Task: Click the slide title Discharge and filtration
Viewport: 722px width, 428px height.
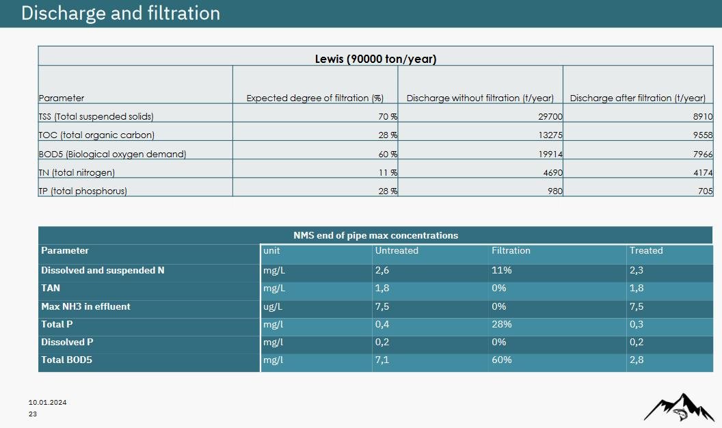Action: pyautogui.click(x=120, y=14)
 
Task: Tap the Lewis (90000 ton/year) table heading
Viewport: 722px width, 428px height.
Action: pyautogui.click(x=375, y=59)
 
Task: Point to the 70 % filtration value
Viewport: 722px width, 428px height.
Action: pyautogui.click(x=388, y=117)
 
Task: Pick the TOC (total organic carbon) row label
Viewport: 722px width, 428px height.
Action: pyautogui.click(x=96, y=135)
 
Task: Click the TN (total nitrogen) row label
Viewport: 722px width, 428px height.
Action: pyautogui.click(x=77, y=173)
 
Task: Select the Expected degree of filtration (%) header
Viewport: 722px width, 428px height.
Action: pyautogui.click(x=315, y=98)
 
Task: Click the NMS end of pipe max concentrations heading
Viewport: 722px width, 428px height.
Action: pyautogui.click(x=375, y=235)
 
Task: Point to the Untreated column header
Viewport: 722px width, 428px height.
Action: pyautogui.click(x=397, y=251)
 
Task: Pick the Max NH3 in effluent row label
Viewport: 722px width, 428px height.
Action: pyautogui.click(x=85, y=307)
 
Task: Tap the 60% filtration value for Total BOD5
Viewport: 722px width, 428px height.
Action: pyautogui.click(x=502, y=360)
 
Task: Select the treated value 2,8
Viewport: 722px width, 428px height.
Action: pyautogui.click(x=637, y=360)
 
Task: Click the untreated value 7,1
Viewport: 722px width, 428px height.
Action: pyautogui.click(x=382, y=360)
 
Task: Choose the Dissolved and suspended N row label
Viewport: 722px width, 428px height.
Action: pyautogui.click(x=103, y=271)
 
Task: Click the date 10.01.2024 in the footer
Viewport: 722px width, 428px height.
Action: pyautogui.click(x=47, y=402)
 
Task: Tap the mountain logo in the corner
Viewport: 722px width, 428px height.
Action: pyautogui.click(x=678, y=407)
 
